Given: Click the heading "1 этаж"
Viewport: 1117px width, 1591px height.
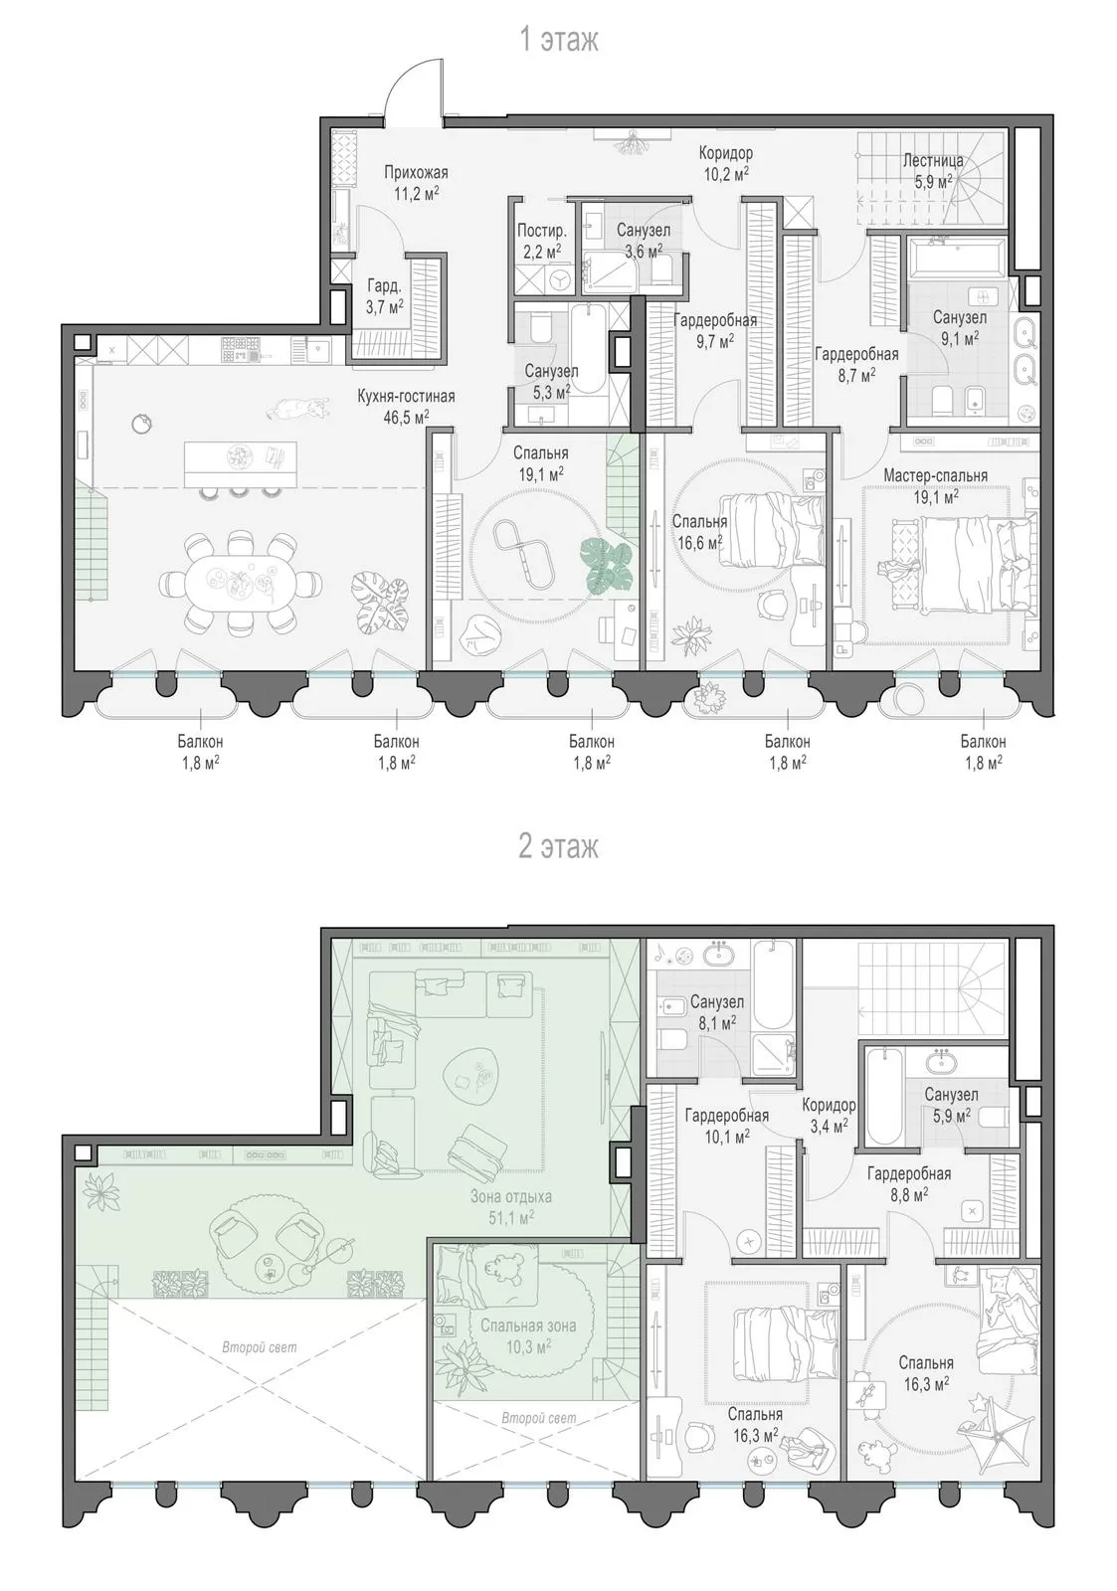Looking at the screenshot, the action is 559,39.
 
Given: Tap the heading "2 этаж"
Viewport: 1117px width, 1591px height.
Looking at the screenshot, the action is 559,846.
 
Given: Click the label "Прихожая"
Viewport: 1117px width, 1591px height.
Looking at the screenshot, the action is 416,173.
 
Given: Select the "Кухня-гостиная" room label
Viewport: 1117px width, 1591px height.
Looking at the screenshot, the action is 406,397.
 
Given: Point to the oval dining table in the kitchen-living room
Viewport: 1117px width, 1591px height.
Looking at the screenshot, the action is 240,582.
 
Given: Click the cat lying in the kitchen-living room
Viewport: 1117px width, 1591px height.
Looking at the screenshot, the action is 300,408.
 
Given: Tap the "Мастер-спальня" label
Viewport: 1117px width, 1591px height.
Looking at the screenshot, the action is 935,475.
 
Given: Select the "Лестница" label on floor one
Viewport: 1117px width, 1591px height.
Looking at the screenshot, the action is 933,160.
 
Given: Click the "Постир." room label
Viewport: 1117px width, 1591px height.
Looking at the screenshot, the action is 541,231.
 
